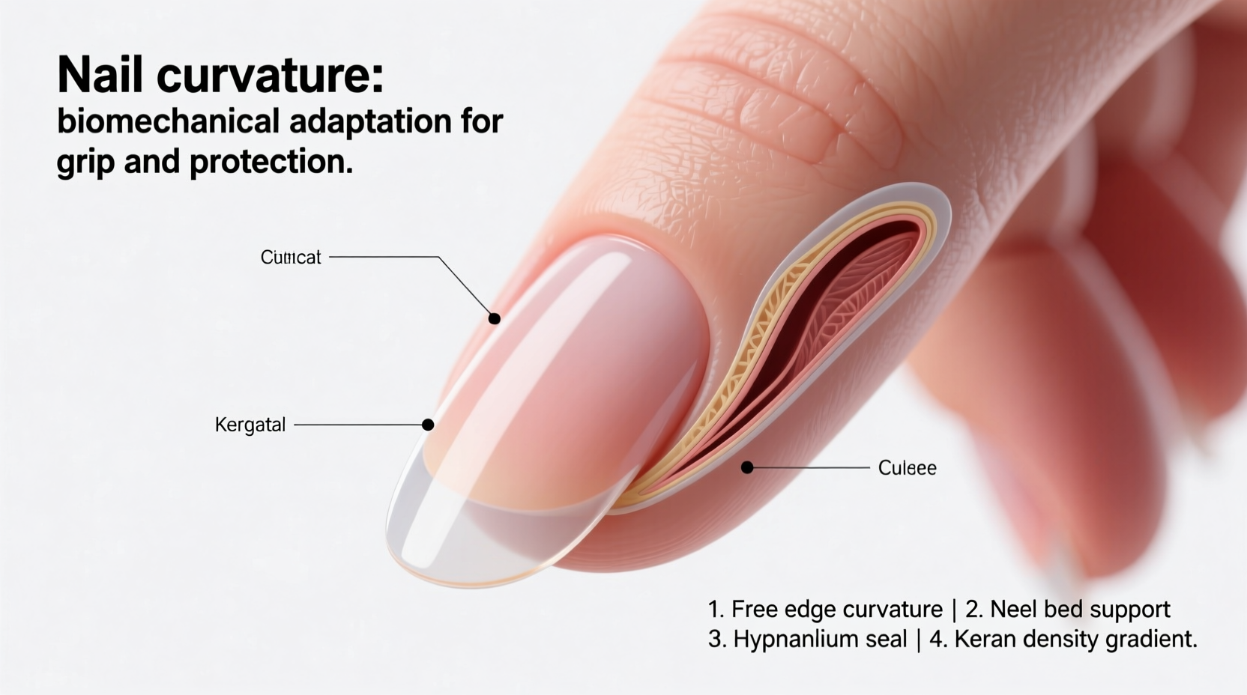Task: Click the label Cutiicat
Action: click(x=290, y=257)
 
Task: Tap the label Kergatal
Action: click(x=250, y=425)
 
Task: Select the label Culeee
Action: click(x=907, y=468)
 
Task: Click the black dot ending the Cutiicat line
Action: click(x=494, y=318)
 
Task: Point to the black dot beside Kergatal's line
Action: click(x=428, y=425)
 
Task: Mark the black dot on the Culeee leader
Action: click(x=746, y=467)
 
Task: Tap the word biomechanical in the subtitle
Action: click(x=169, y=121)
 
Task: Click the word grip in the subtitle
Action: click(x=85, y=163)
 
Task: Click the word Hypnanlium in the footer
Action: click(x=820, y=639)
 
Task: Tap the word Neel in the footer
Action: click(x=1011, y=609)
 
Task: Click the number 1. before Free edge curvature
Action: click(x=716, y=609)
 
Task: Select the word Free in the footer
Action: click(x=755, y=609)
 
